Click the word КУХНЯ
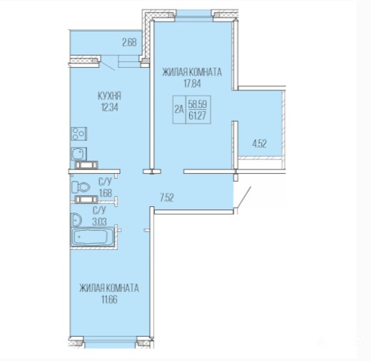pos(109,96)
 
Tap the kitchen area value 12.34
pos(109,107)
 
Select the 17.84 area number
pos(192,83)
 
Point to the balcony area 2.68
pos(129,42)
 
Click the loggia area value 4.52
pos(259,144)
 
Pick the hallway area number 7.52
pos(167,197)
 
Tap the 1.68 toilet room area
pos(105,193)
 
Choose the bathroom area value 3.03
pos(100,222)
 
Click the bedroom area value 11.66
pos(109,300)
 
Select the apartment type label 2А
pos(179,109)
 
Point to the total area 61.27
pos(197,116)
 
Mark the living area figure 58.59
pos(197,104)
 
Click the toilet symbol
pos(81,187)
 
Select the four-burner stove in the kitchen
pos(79,134)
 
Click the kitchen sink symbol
pos(79,154)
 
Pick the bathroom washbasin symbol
pos(76,220)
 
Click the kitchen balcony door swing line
pos(107,66)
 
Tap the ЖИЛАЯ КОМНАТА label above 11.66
pos(109,288)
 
